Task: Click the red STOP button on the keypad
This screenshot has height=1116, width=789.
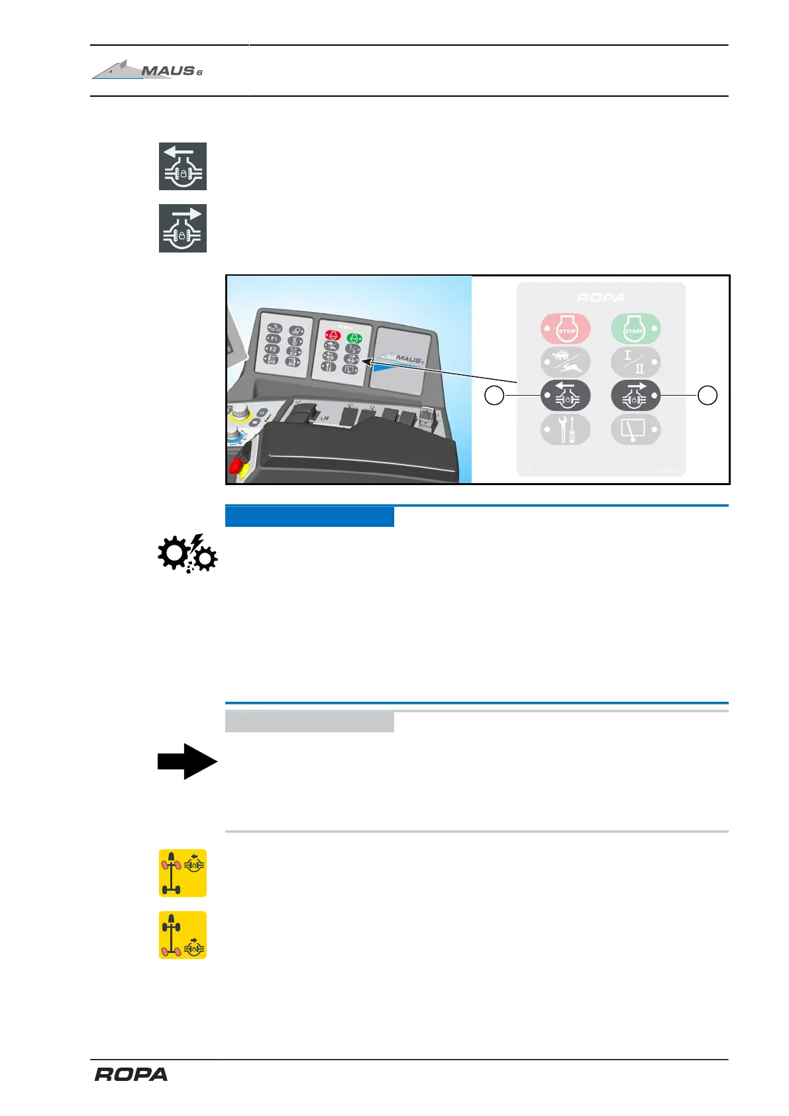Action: pyautogui.click(x=565, y=328)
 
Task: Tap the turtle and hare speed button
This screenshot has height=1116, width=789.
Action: pyautogui.click(x=565, y=362)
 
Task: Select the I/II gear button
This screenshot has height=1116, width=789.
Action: pyautogui.click(x=635, y=362)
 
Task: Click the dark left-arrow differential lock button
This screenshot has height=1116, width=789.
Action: pyautogui.click(x=565, y=396)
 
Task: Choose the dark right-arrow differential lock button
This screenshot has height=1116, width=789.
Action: pyautogui.click(x=635, y=396)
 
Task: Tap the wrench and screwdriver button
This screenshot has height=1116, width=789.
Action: pyautogui.click(x=565, y=430)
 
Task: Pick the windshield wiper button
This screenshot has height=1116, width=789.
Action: pyautogui.click(x=635, y=430)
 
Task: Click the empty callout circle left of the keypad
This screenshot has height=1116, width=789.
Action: pyautogui.click(x=494, y=396)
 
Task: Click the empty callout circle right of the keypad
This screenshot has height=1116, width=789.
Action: pyautogui.click(x=708, y=396)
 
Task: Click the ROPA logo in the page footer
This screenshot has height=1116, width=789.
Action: pyautogui.click(x=131, y=1074)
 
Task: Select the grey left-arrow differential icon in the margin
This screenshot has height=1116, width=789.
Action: pyautogui.click(x=183, y=166)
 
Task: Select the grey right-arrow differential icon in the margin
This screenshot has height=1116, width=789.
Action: pyautogui.click(x=183, y=229)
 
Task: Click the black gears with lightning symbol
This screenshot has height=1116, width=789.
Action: pyautogui.click(x=187, y=553)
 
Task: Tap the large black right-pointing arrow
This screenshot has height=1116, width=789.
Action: pyautogui.click(x=187, y=761)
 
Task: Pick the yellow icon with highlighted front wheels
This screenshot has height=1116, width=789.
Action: pyautogui.click(x=183, y=873)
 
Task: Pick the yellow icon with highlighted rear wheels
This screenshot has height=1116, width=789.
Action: pyautogui.click(x=183, y=935)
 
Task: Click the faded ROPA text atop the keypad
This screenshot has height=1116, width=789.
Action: pyautogui.click(x=600, y=298)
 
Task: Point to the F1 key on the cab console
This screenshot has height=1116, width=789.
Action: pyautogui.click(x=273, y=339)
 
